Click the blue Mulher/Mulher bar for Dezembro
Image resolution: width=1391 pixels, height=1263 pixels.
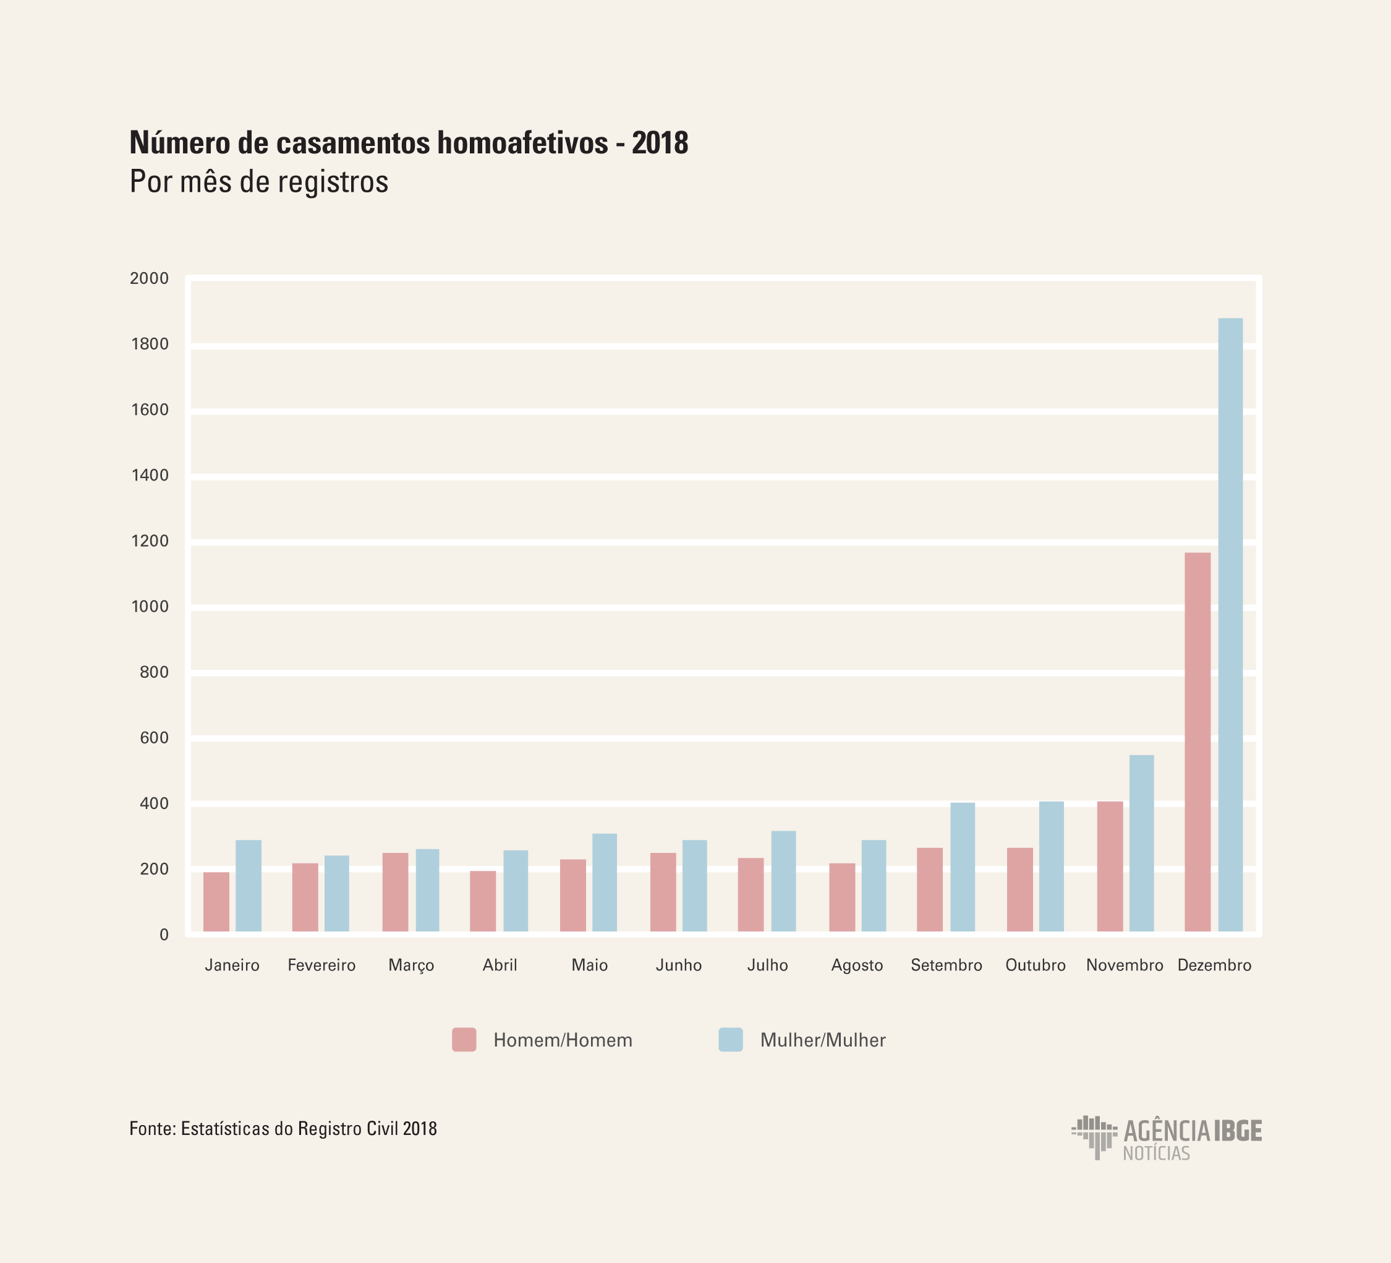pos(1230,625)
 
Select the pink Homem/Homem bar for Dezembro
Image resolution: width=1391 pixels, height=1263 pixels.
pos(1197,742)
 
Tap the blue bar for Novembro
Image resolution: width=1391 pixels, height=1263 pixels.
pos(1141,844)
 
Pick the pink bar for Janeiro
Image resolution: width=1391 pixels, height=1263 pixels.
pos(216,902)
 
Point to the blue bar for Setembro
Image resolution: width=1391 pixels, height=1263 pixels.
pos(963,867)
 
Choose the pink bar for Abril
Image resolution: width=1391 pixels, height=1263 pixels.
pos(483,901)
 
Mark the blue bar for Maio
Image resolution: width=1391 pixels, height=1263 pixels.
pos(605,883)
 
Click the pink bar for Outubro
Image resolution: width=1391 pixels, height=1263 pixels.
pos(1020,889)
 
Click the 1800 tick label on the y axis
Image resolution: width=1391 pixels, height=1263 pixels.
pos(150,345)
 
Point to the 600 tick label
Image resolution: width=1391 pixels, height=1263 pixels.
pos(154,738)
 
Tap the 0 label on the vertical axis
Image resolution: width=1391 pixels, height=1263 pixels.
pos(164,935)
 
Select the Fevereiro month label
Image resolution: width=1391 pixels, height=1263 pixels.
pos(321,965)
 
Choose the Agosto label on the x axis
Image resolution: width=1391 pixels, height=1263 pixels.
pos(857,965)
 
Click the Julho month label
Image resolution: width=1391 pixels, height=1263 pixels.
pos(767,965)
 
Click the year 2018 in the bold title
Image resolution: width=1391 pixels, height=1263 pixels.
pos(660,143)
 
